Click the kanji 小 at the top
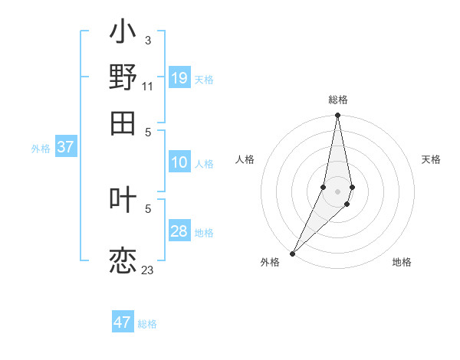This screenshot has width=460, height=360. tap(123, 32)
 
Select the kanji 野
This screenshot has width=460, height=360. tap(123, 77)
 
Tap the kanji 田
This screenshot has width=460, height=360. tap(123, 122)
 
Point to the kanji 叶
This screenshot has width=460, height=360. tap(123, 199)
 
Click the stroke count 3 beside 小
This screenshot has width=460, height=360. tap(147, 40)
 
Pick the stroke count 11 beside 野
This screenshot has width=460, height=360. tap(148, 86)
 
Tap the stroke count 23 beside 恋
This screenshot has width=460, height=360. tap(148, 270)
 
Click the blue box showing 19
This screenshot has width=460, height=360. tap(179, 77)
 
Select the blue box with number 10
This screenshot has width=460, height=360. tap(179, 162)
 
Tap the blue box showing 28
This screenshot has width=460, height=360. tap(179, 231)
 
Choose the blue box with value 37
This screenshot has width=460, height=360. tap(65, 147)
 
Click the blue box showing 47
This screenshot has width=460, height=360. tap(123, 322)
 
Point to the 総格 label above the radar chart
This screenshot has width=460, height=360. tap(338, 100)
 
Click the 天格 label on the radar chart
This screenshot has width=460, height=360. tap(431, 159)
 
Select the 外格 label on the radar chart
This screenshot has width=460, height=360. tap(270, 262)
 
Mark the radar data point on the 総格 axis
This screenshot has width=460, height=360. tap(337, 116)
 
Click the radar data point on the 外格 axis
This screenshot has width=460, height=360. tap(293, 253)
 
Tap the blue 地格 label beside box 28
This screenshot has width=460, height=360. tap(204, 233)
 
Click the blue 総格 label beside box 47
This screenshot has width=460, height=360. tap(147, 324)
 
